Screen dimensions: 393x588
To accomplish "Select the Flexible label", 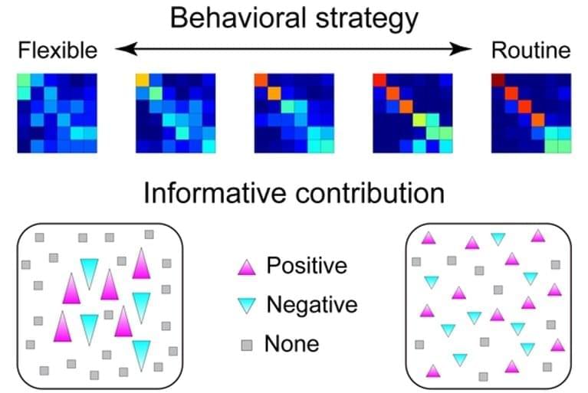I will point(57,51).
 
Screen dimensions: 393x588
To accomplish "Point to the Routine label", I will point(531,51).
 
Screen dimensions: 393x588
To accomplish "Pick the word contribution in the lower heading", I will point(367,192).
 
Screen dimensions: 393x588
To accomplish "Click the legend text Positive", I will point(306,266).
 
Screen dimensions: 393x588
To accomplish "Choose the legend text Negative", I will point(311,305).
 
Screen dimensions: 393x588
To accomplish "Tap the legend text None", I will point(291,343).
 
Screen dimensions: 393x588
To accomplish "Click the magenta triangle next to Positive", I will point(246,267).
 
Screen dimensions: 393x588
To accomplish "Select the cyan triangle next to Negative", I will point(246,306).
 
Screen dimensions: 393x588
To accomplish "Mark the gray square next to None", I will point(246,344).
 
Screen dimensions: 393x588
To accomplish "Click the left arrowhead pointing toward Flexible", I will point(123,50).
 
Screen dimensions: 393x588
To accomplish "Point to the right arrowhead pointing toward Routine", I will point(465,50).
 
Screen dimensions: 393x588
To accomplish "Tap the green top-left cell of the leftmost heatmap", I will point(24,80).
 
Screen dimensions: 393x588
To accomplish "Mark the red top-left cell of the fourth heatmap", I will point(379,80).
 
